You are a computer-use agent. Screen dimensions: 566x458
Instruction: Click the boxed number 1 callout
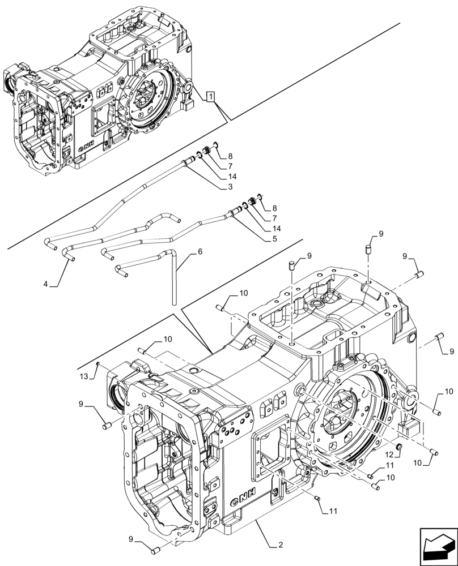[x=210, y=97]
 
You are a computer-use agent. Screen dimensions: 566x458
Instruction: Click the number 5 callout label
[x=274, y=239]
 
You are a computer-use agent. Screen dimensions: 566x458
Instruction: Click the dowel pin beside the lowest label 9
[x=156, y=549]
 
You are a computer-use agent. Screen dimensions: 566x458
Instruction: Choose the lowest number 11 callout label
[x=333, y=511]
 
